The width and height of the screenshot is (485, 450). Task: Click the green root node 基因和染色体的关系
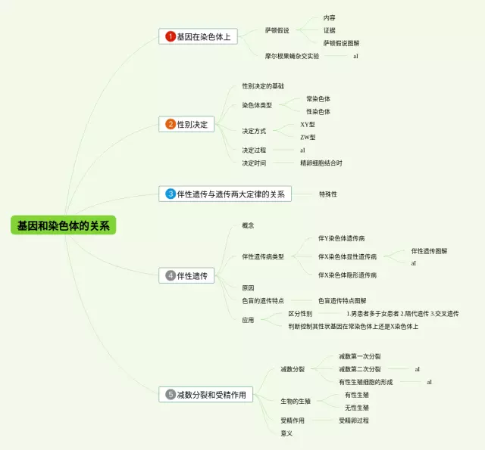click(64, 225)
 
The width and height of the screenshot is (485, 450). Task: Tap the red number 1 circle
click(171, 36)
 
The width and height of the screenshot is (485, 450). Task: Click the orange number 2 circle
click(171, 124)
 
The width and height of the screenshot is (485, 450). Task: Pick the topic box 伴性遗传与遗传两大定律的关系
click(225, 194)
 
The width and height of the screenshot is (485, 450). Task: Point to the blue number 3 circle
click(171, 194)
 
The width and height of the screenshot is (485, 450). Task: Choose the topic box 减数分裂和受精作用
click(207, 394)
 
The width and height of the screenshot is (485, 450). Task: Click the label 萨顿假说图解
click(342, 43)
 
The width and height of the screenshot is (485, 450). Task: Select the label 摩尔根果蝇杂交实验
click(292, 56)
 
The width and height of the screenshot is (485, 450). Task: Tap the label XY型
click(308, 124)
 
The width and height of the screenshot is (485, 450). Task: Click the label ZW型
click(308, 137)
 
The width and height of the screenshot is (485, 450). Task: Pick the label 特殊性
click(328, 194)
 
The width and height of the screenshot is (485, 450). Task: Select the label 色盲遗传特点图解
click(342, 301)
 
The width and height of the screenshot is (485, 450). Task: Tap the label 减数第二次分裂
click(359, 369)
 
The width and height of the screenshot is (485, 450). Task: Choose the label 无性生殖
click(357, 408)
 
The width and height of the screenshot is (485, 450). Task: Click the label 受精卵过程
click(354, 421)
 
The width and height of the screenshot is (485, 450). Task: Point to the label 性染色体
click(318, 111)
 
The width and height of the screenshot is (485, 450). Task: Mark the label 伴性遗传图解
click(429, 251)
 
